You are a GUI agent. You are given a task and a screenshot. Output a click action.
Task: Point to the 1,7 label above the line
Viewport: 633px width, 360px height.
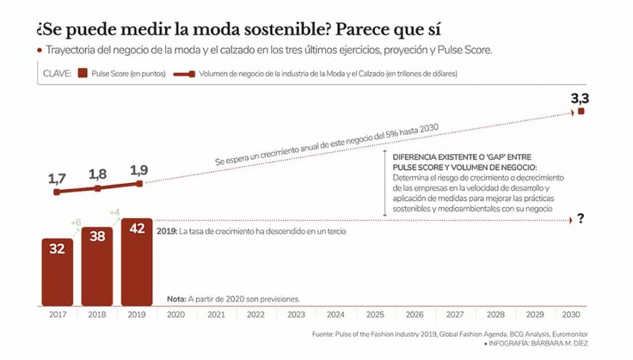pyautogui.click(x=58, y=177)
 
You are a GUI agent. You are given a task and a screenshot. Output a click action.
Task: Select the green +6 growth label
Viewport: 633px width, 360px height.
pyautogui.click(x=75, y=223)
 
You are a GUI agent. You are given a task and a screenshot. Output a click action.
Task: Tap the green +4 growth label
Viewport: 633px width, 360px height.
pyautogui.click(x=114, y=212)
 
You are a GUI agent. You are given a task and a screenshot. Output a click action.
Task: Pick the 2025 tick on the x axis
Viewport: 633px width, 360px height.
pyautogui.click(x=374, y=315)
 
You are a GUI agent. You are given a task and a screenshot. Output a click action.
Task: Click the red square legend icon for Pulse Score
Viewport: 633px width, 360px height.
pyautogui.click(x=84, y=73)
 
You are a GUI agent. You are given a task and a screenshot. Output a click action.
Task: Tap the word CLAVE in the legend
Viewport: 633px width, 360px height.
pyautogui.click(x=56, y=73)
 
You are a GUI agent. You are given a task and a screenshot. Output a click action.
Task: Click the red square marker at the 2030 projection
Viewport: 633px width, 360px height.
pyautogui.click(x=580, y=112)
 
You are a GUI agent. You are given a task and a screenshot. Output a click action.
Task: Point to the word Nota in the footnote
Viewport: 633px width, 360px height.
pyautogui.click(x=176, y=298)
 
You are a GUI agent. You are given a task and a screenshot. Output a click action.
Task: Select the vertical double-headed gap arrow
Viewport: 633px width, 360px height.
pyautogui.click(x=385, y=184)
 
